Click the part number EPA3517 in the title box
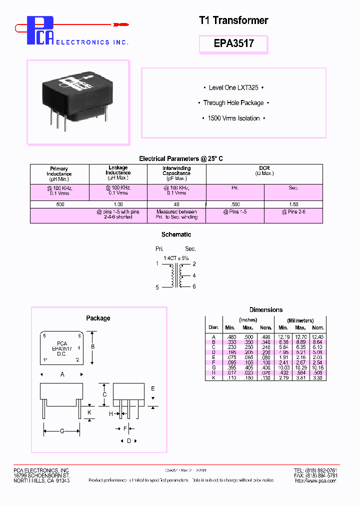click(x=233, y=43)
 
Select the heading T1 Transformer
click(x=233, y=20)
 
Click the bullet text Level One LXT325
click(x=233, y=87)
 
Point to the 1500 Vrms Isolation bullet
click(x=233, y=118)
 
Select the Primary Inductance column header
click(x=59, y=173)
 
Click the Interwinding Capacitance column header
click(x=176, y=173)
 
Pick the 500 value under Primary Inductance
click(x=59, y=204)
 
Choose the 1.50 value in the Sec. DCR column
click(x=293, y=204)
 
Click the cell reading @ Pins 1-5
click(x=235, y=212)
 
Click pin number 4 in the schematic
click(x=194, y=275)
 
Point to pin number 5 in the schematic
click(x=157, y=287)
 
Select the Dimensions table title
click(x=265, y=310)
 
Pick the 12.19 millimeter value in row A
click(x=283, y=337)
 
